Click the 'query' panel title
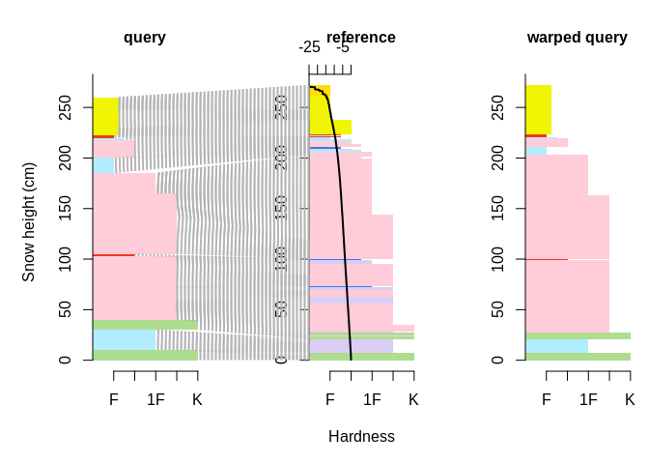click(145, 38)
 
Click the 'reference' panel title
click(361, 38)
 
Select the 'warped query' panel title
click(577, 38)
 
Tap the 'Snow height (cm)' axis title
click(29, 222)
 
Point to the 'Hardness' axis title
click(361, 437)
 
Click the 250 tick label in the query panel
click(65, 107)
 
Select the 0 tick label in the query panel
click(65, 360)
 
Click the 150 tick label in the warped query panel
click(497, 208)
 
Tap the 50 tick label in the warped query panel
click(497, 309)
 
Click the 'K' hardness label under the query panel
click(197, 399)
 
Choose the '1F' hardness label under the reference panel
click(372, 399)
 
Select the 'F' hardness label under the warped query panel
click(547, 399)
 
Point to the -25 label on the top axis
click(309, 47)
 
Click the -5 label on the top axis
click(343, 47)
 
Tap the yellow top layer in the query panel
click(105, 116)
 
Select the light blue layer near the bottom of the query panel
click(125, 339)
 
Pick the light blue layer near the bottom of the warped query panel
click(556, 346)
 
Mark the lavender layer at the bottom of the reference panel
click(351, 346)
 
